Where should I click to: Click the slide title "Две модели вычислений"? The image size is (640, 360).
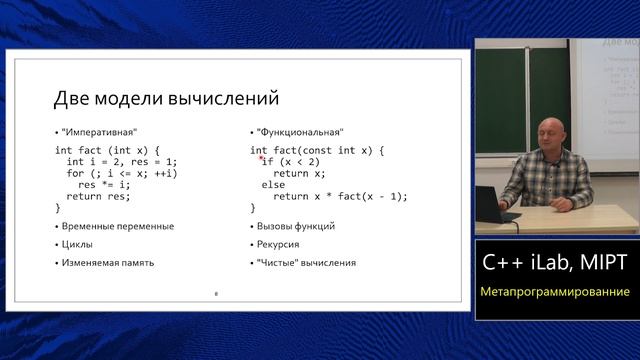coord(165,100)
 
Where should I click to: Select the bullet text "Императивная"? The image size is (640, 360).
coord(99,132)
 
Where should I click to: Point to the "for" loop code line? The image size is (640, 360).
coord(122,173)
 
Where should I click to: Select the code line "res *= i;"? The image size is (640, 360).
coord(104,185)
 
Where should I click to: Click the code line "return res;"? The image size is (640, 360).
coord(98,197)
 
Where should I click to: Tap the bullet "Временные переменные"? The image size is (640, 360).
coord(104,226)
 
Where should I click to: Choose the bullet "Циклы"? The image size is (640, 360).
coord(77,244)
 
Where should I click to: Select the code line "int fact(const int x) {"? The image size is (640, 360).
coord(317,150)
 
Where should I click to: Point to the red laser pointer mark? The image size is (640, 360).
coord(260,158)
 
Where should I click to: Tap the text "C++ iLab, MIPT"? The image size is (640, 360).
coord(555,263)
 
